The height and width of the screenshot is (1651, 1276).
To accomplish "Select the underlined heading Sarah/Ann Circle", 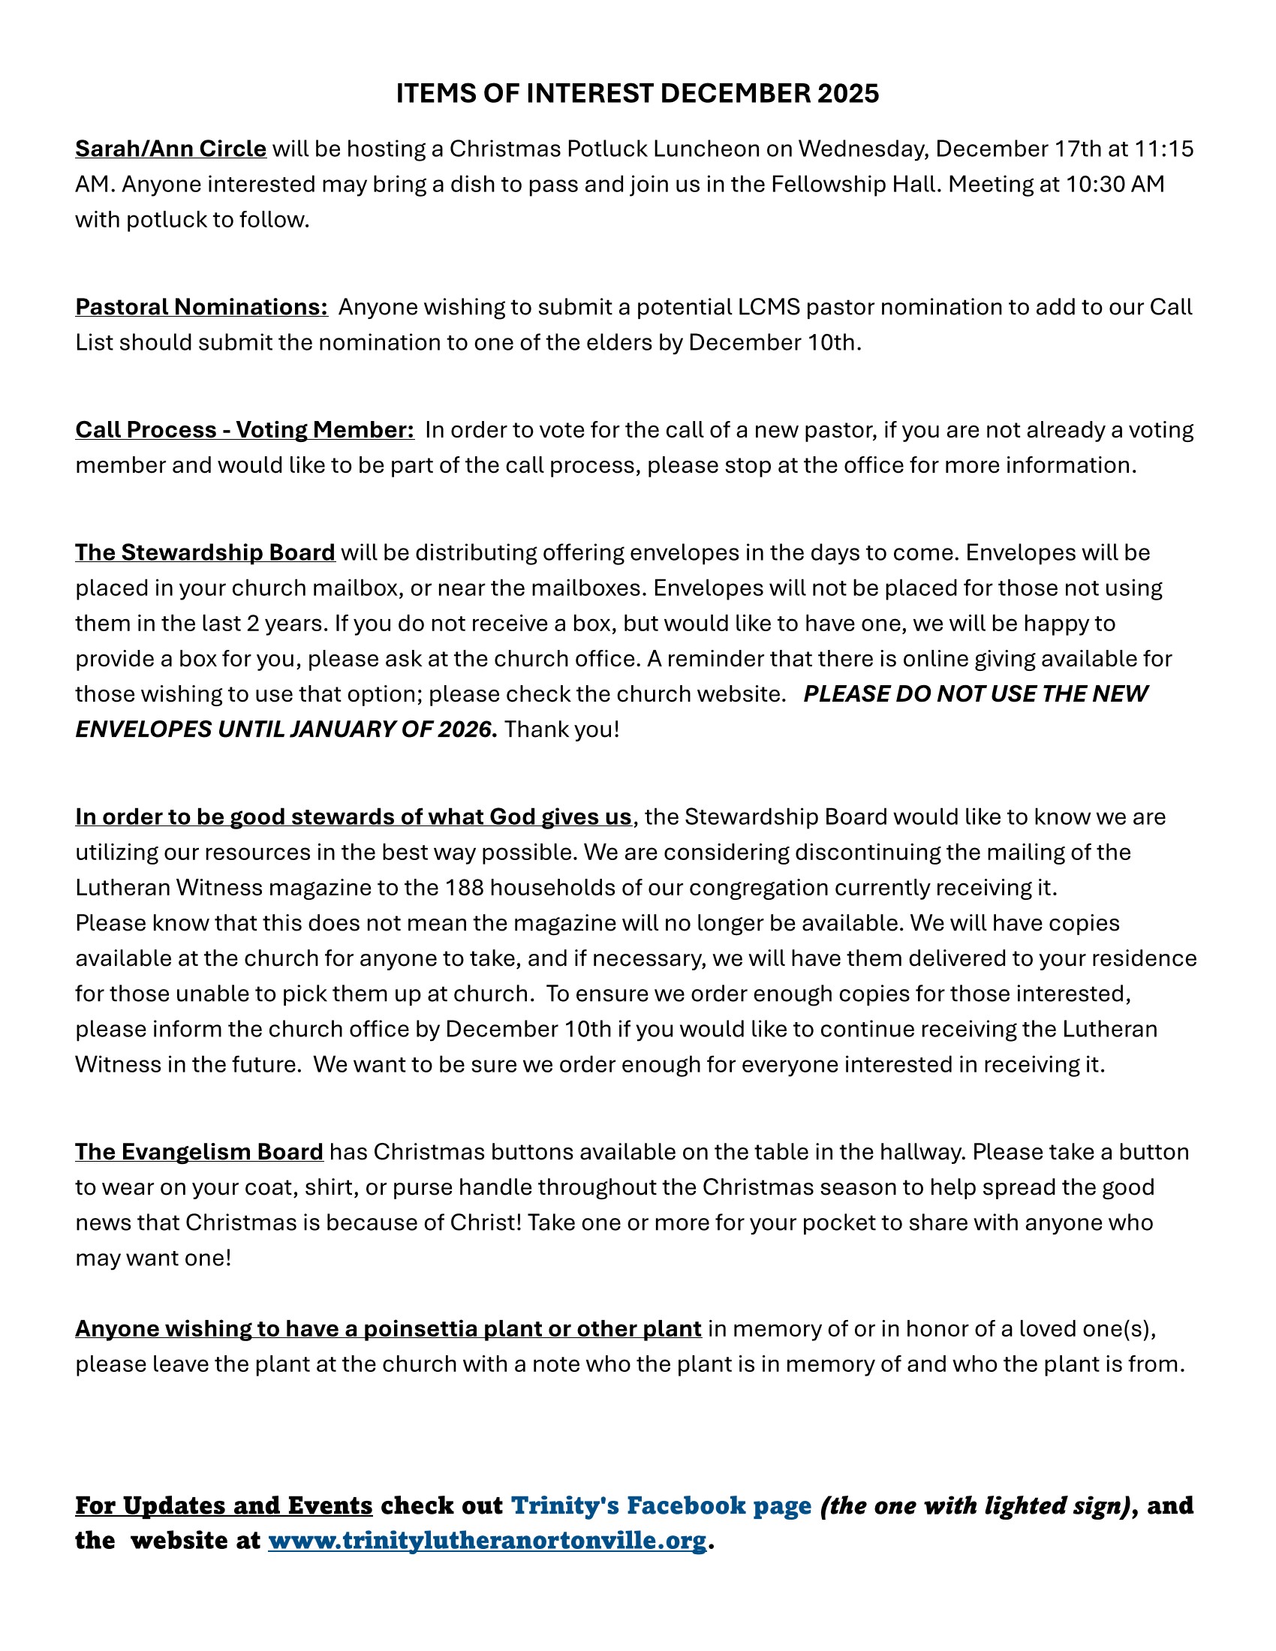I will tap(171, 149).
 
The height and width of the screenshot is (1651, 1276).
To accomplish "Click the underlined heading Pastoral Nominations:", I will tap(201, 308).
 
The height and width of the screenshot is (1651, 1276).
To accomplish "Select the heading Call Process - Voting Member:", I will tap(245, 430).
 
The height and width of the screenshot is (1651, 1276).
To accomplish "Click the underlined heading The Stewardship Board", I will tap(205, 552).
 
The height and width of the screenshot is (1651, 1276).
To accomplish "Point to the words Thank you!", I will tap(561, 729).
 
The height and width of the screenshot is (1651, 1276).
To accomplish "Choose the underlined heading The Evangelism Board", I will tap(199, 1152).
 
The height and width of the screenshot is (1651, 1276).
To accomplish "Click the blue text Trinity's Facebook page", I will tap(661, 1506).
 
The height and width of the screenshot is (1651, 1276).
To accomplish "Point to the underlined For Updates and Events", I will tap(224, 1506).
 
